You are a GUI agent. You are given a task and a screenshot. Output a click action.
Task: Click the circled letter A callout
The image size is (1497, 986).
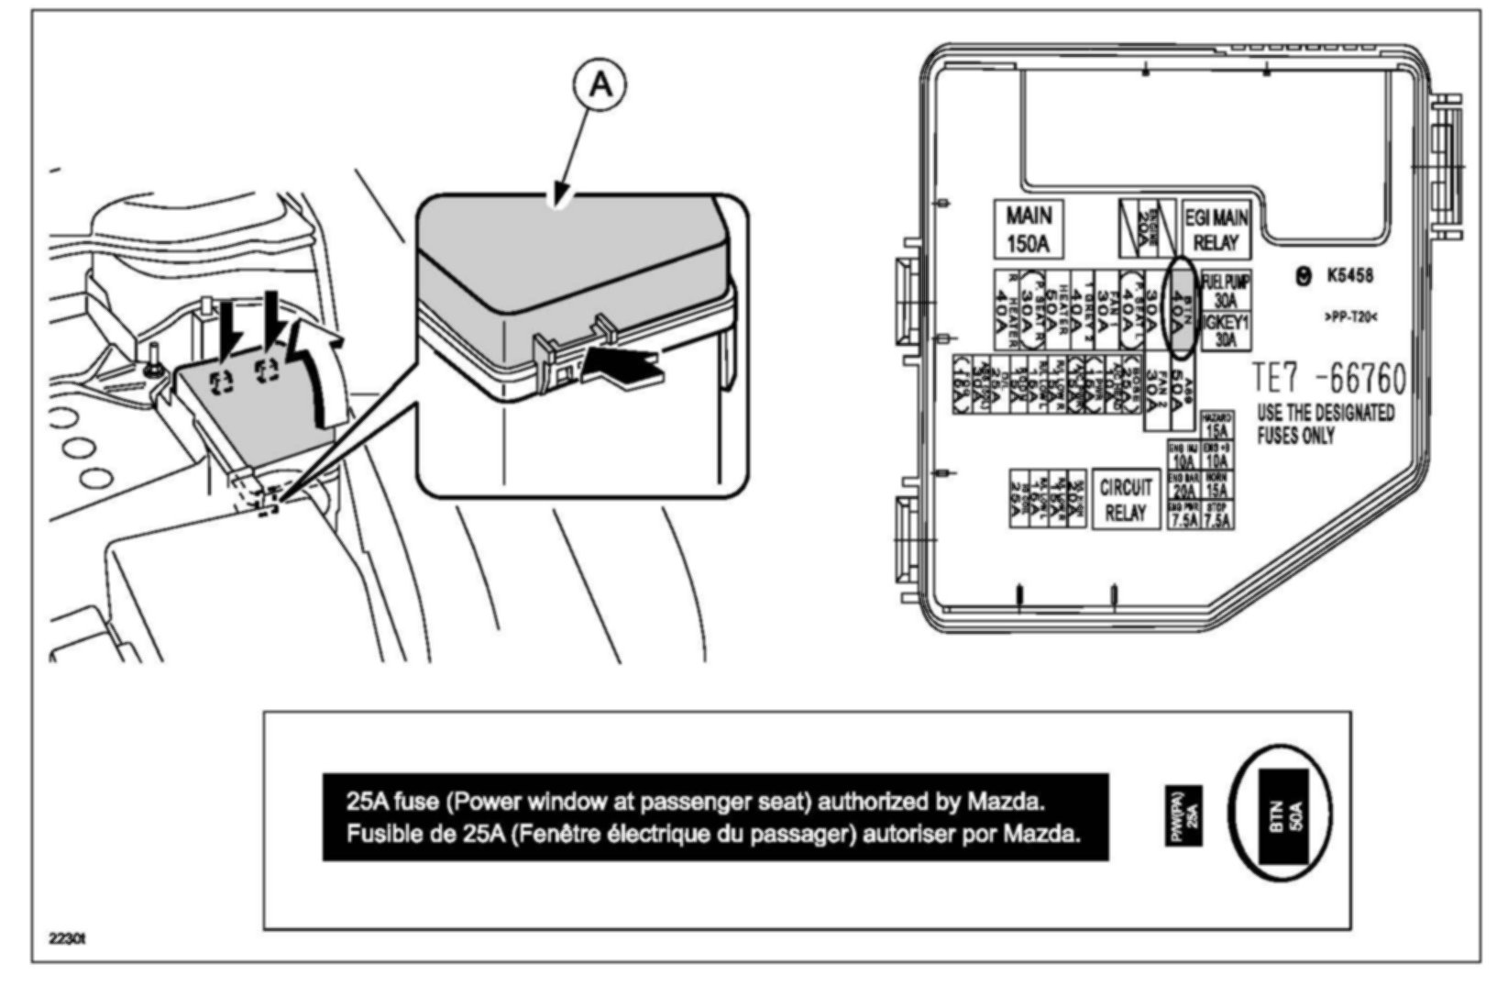600,84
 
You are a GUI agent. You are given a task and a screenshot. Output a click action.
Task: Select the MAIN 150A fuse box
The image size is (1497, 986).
1029,228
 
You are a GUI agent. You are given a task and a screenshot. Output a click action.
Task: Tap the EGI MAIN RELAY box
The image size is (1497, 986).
1216,229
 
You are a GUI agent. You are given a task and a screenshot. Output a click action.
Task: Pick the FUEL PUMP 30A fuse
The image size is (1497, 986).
1226,291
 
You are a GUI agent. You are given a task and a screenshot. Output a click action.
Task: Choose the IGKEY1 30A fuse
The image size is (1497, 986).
1226,330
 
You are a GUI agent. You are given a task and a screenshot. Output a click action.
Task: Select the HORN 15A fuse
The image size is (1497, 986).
1216,485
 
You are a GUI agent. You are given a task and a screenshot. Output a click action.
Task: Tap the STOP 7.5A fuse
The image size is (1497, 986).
1216,515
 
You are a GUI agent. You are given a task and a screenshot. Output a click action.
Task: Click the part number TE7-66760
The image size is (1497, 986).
1328,378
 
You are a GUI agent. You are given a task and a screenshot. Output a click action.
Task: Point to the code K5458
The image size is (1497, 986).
1348,275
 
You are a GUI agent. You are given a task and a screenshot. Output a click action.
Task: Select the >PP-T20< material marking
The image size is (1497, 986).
1350,317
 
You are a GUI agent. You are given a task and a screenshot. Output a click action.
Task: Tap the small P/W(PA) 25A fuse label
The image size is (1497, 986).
1183,815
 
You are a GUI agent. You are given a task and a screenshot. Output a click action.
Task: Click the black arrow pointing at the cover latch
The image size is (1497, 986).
623,370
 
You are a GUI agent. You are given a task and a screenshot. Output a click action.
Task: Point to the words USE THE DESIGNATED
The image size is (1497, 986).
1325,414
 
